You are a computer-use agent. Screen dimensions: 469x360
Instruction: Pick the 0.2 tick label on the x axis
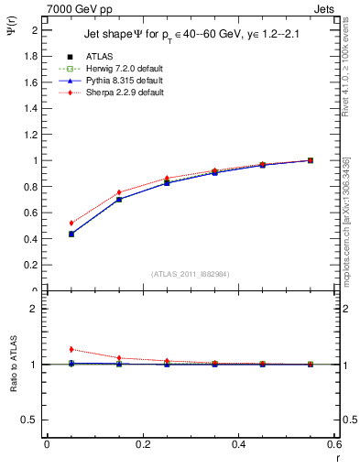click(x=142, y=444)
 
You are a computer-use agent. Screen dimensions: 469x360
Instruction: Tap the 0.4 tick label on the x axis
click(x=238, y=444)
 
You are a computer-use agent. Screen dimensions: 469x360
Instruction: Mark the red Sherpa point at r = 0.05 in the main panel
click(x=71, y=223)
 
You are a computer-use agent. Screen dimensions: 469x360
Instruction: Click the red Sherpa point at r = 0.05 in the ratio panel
click(x=71, y=349)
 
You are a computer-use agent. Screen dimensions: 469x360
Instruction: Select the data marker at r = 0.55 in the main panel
click(x=311, y=160)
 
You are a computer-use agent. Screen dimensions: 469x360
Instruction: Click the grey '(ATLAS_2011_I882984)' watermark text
click(x=191, y=274)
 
